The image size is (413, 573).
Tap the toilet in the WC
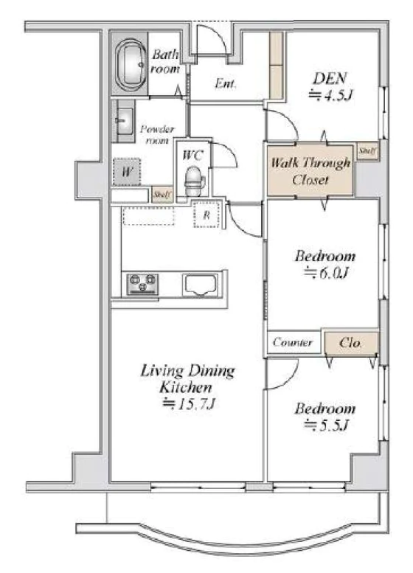click(193, 181)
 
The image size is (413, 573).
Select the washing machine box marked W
click(126, 172)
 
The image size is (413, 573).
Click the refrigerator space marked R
click(206, 215)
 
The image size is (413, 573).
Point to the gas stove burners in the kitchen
click(142, 285)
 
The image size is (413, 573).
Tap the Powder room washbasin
click(124, 121)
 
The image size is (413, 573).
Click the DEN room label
click(330, 78)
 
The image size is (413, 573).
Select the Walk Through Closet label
click(310, 170)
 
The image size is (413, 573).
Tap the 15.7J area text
click(189, 403)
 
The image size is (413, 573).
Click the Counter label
click(293, 342)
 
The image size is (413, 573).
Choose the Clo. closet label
click(350, 343)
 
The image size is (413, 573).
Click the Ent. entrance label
click(225, 83)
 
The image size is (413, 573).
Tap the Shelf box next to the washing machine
click(162, 195)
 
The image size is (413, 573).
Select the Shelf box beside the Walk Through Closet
click(367, 151)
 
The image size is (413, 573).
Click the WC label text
click(192, 156)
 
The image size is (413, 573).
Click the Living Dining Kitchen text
click(187, 379)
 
